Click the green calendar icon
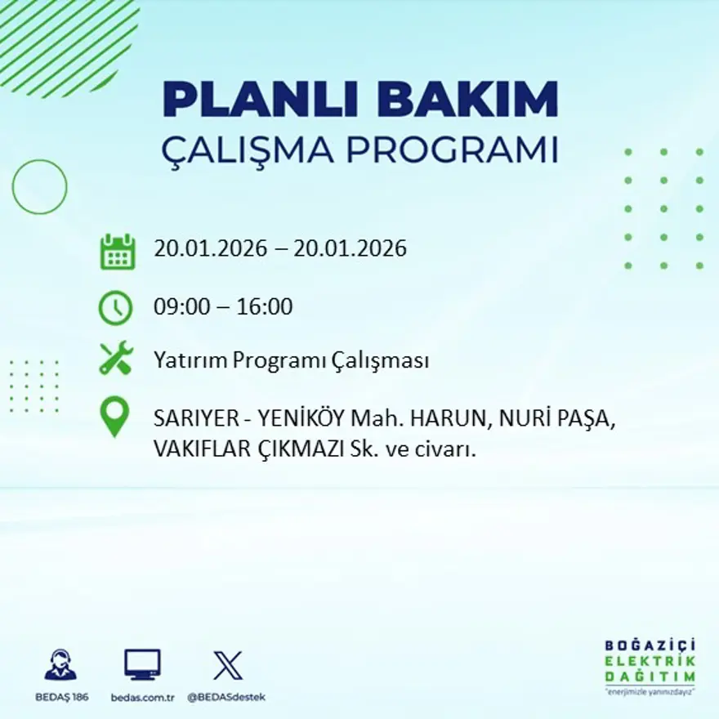click(117, 252)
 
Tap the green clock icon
click(115, 308)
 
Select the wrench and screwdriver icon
click(116, 359)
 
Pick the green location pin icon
click(115, 416)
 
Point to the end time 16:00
click(264, 308)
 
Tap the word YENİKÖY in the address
click(301, 419)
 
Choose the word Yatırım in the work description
click(190, 360)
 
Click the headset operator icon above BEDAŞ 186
click(60, 665)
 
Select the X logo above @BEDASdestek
click(227, 665)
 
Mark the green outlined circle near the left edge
click(39, 186)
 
